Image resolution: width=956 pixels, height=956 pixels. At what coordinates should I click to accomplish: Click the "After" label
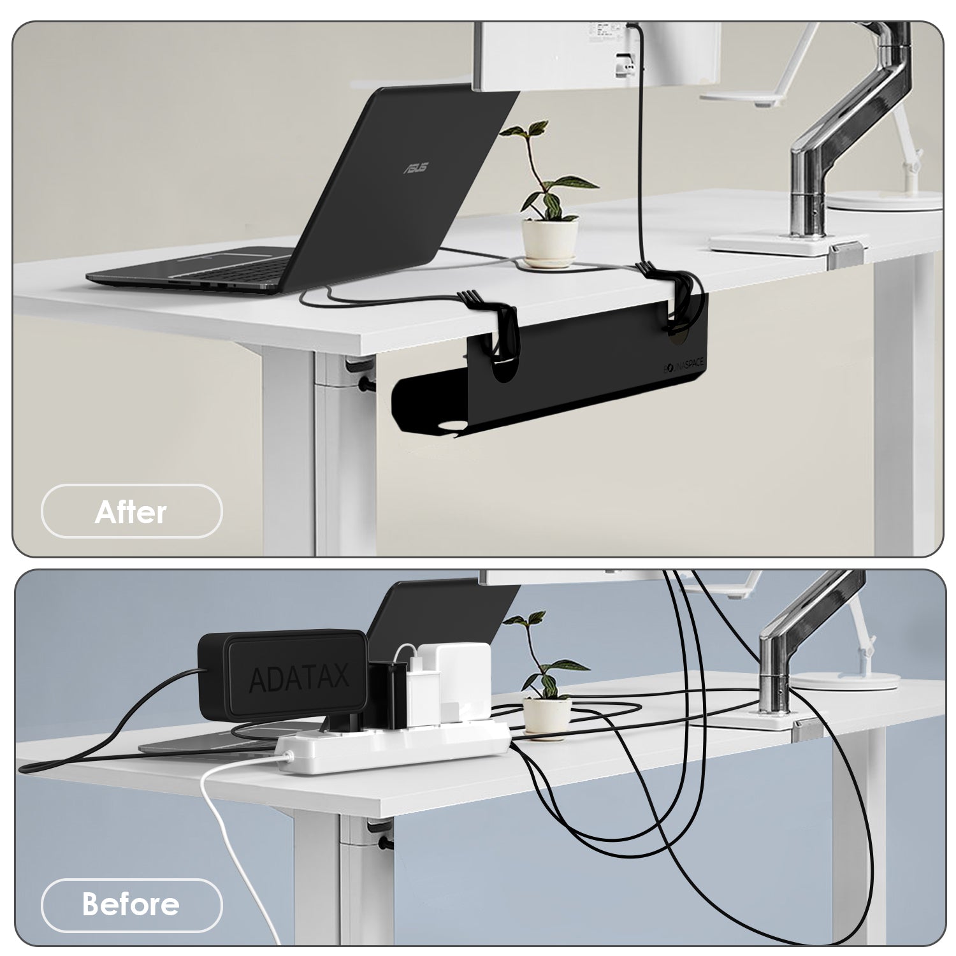click(x=131, y=512)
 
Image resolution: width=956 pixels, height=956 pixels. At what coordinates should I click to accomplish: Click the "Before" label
click(x=131, y=904)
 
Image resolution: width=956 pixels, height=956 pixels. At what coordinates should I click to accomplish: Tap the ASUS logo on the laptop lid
click(x=415, y=168)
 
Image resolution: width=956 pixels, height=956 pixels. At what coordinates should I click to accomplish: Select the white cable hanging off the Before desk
click(x=220, y=822)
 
